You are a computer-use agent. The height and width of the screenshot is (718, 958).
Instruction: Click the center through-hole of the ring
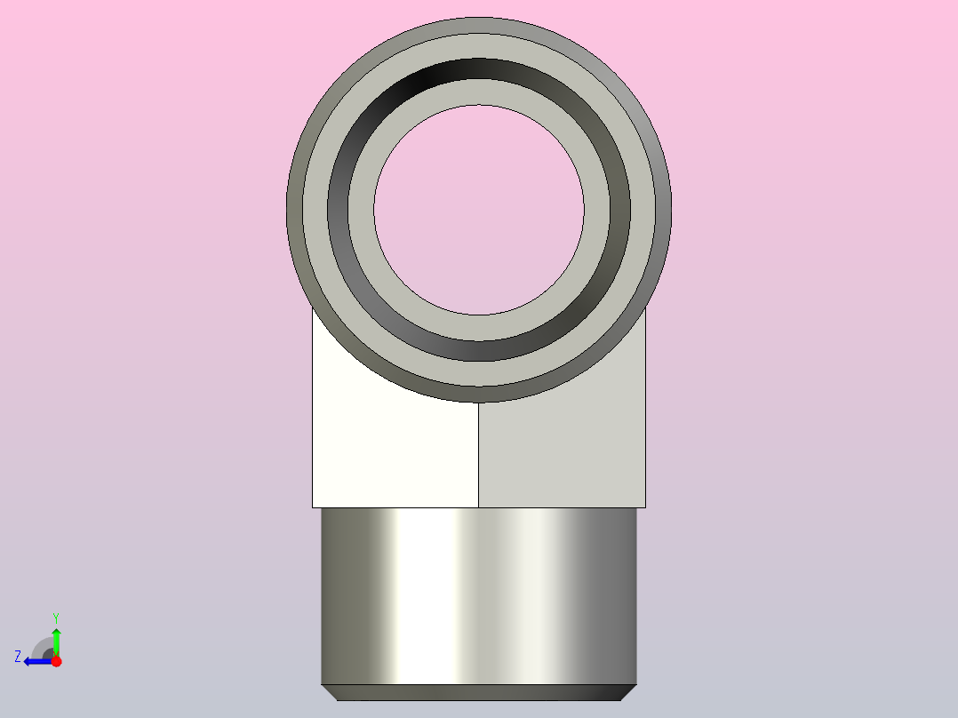479,211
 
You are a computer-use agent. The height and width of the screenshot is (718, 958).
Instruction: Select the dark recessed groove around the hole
479,68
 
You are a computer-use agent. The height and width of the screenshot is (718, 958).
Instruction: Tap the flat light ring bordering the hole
479,92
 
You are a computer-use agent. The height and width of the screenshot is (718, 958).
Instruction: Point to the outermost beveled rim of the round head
479,25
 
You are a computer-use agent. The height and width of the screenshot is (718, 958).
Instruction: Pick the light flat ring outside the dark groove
479,46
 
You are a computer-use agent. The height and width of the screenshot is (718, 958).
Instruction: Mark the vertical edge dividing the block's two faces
478,455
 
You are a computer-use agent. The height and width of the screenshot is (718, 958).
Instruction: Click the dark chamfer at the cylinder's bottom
479,692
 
